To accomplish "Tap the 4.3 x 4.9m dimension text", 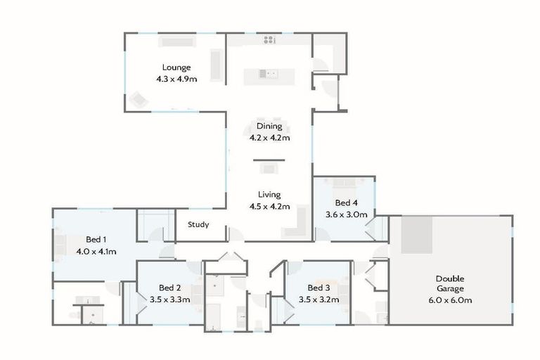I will click(176, 79).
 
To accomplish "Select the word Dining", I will click(269, 127).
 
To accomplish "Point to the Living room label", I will click(269, 195).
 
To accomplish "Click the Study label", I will click(198, 226).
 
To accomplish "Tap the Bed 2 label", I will click(170, 288).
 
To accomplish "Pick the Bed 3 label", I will click(319, 288).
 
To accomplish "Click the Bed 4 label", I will click(346, 202).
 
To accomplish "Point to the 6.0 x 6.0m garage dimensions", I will click(450, 300).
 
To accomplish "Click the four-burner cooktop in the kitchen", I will click(269, 40).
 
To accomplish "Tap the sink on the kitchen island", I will click(269, 72).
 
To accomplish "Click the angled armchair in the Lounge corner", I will click(137, 101).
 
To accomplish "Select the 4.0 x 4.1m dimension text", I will click(96, 251).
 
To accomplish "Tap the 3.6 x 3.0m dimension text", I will click(346, 214).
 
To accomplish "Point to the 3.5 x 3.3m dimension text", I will click(170, 300).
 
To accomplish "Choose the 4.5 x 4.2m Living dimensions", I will click(269, 207).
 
